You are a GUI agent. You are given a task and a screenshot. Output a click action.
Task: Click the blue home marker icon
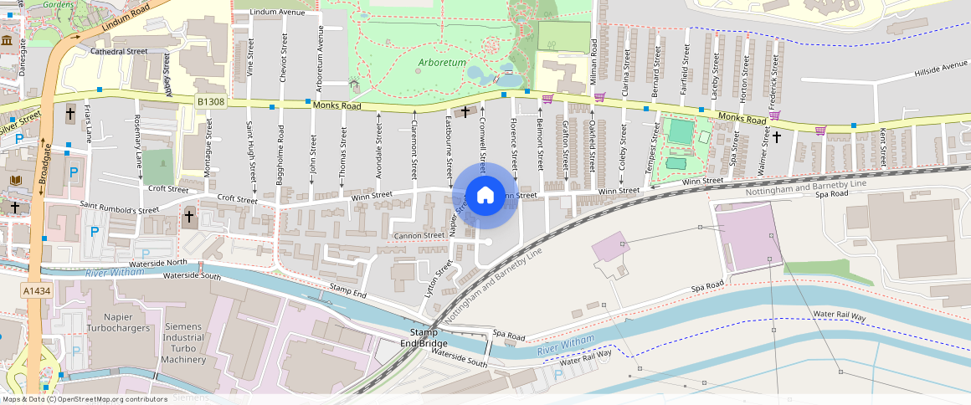point(485,196)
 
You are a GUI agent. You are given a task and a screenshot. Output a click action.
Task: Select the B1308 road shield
point(213,101)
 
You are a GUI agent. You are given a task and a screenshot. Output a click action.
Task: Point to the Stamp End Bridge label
point(423,338)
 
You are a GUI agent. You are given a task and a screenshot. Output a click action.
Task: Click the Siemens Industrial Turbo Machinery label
point(183,343)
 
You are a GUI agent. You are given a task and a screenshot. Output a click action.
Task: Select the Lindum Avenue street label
point(280,13)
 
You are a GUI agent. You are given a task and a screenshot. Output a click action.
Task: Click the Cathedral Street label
point(119,51)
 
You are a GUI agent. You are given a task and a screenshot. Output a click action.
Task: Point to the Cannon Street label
point(420,235)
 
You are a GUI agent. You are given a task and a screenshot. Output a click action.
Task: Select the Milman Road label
point(593,60)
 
